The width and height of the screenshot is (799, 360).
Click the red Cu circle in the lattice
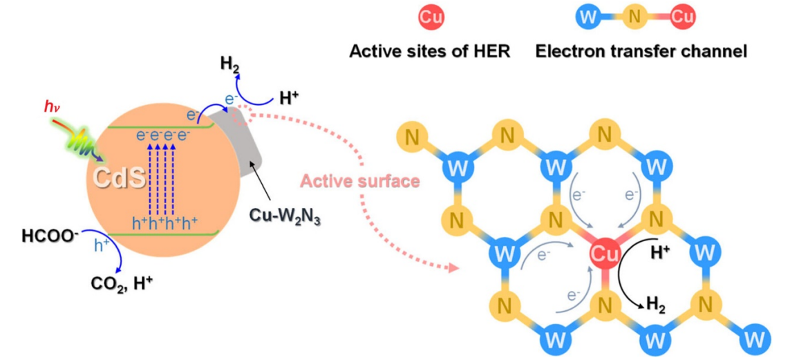point(604,255)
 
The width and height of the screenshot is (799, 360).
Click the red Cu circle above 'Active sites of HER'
point(431,18)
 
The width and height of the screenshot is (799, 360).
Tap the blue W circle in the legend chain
point(587,18)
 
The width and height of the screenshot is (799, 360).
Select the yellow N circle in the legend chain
point(635,18)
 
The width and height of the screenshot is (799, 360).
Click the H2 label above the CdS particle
point(229,64)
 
